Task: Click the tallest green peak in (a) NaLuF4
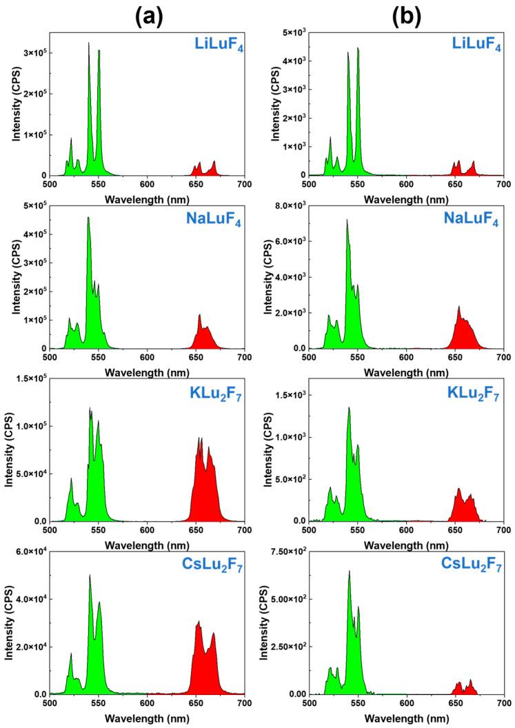pos(88,228)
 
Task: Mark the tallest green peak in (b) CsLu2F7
pos(349,579)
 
